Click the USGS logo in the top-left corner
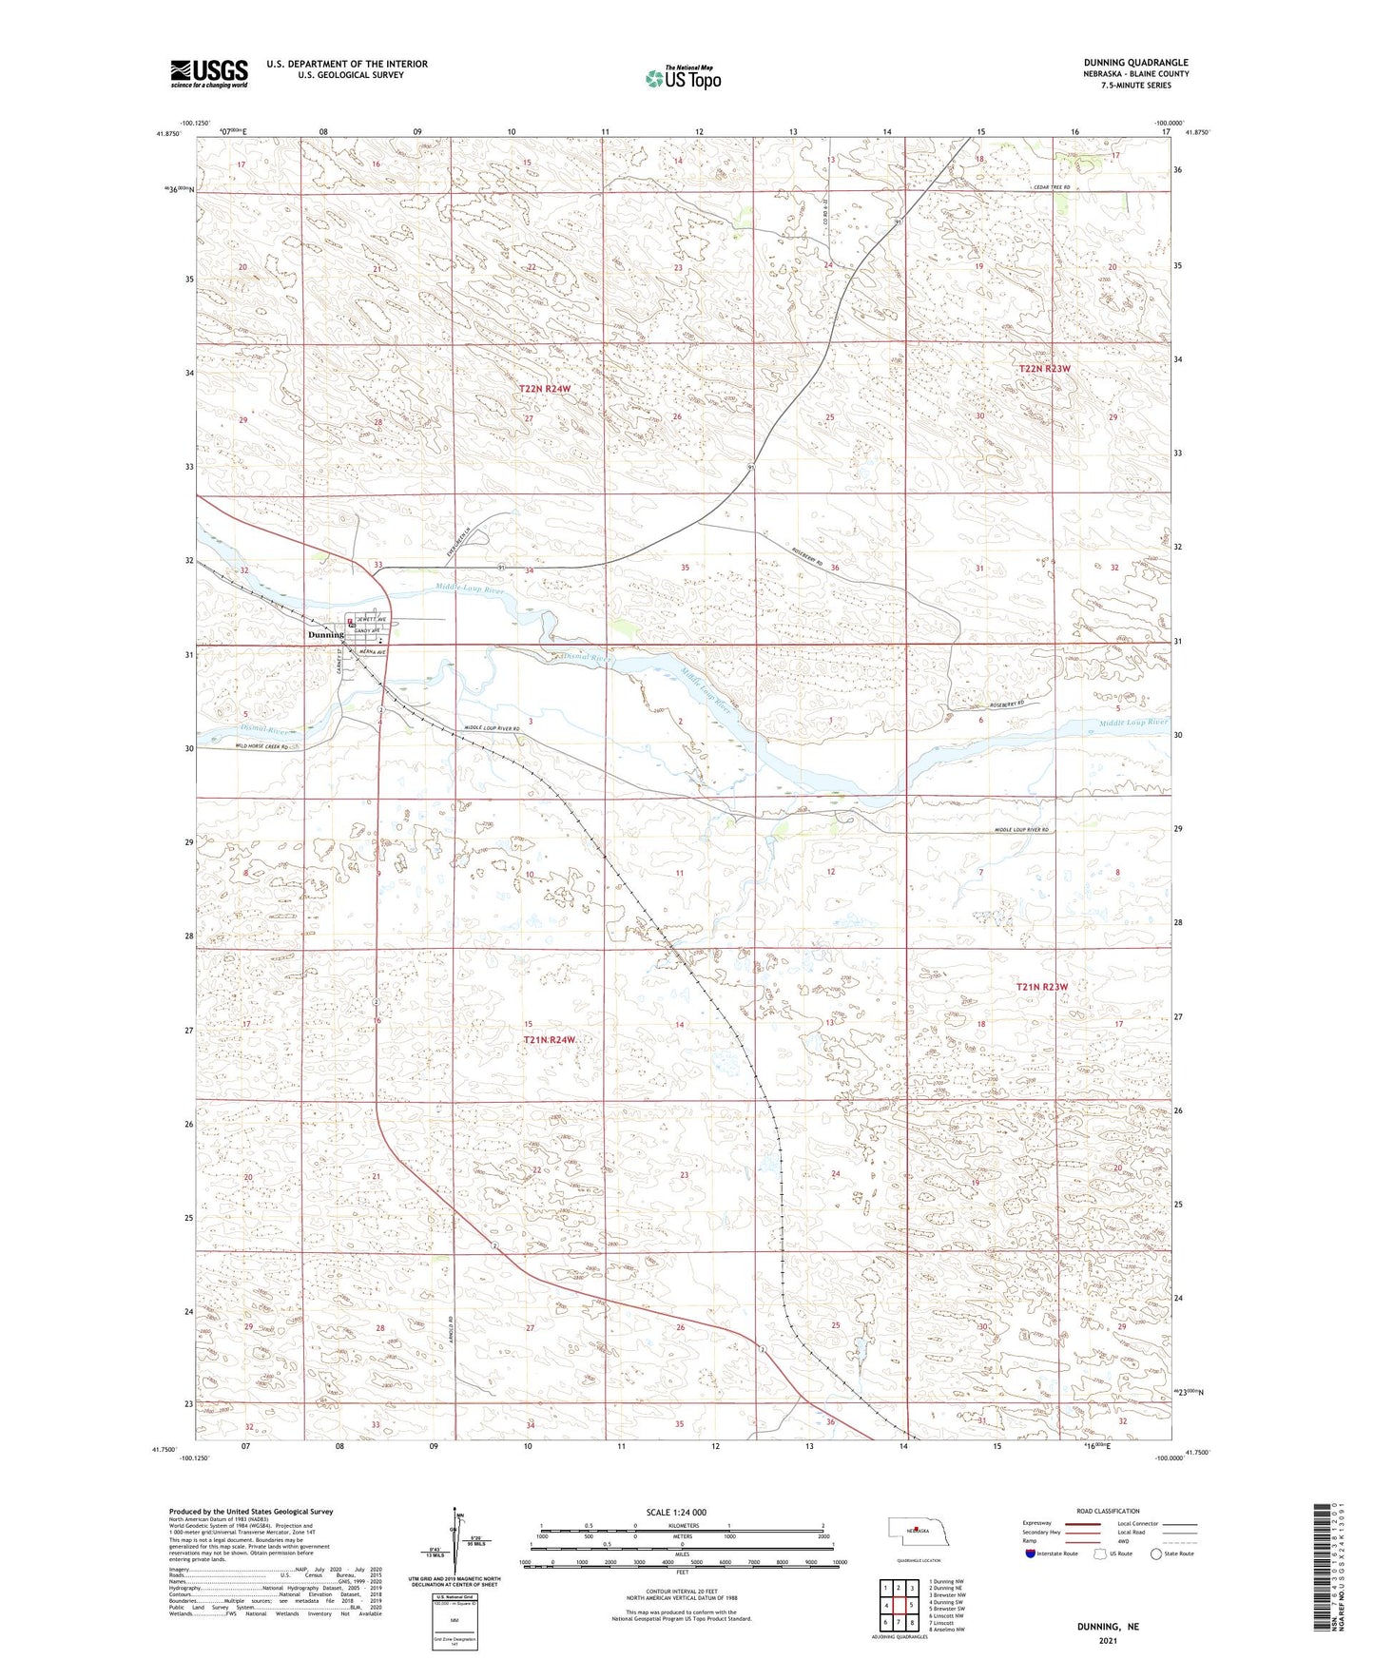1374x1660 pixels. (x=209, y=72)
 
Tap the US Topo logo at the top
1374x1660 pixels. (x=682, y=78)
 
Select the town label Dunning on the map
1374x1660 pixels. (x=325, y=634)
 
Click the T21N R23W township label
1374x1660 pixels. (x=1042, y=987)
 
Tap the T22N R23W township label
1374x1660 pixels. (x=1045, y=368)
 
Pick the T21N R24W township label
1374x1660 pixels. (x=550, y=1040)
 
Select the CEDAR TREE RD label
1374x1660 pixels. (x=1053, y=188)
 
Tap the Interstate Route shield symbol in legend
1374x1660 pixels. (x=1031, y=1554)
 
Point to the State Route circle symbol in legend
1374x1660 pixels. (x=1157, y=1554)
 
